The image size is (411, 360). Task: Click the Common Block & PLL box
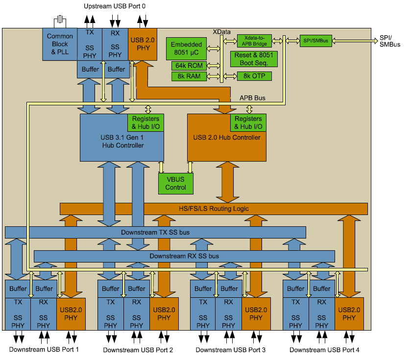click(60, 44)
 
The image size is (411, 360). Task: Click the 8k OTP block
click(254, 76)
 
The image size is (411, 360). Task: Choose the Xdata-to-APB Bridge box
click(254, 41)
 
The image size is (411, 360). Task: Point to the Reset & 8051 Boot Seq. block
click(254, 59)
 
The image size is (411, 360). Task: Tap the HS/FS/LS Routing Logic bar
click(213, 209)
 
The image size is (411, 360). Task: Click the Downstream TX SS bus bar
click(155, 232)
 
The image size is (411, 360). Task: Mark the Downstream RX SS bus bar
click(184, 256)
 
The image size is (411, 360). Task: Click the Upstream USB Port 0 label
click(115, 6)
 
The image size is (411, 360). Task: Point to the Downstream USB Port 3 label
click(230, 350)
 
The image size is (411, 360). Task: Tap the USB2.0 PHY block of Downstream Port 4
click(349, 313)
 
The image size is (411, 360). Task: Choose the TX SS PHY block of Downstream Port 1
click(18, 313)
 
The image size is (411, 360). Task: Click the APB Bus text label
click(252, 98)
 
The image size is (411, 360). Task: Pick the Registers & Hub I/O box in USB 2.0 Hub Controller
click(248, 122)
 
